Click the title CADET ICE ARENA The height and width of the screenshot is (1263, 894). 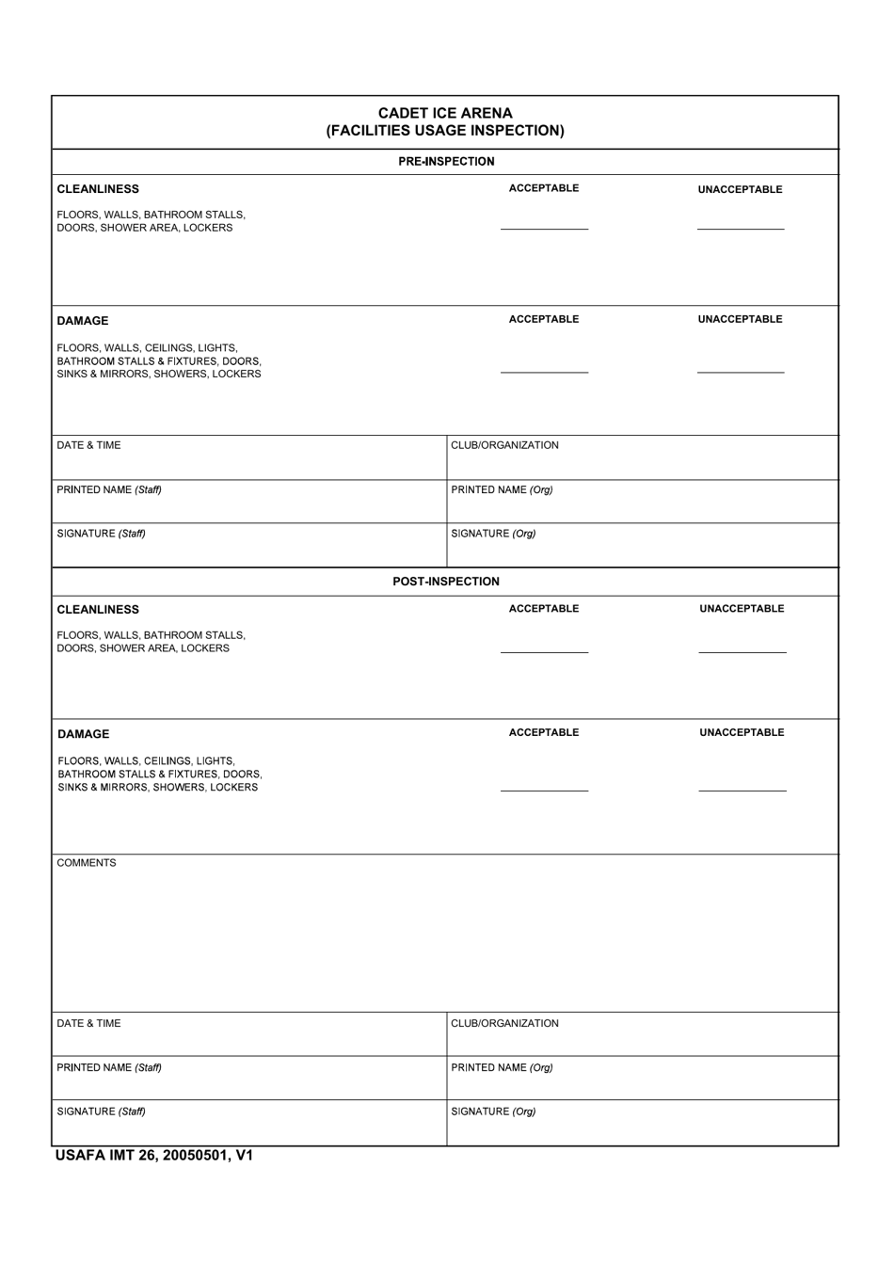click(x=445, y=113)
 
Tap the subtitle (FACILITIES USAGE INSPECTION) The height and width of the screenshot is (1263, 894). click(x=445, y=131)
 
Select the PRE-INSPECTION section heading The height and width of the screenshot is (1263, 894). click(x=446, y=162)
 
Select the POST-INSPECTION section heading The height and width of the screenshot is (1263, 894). click(x=446, y=582)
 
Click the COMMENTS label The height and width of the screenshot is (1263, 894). click(x=87, y=863)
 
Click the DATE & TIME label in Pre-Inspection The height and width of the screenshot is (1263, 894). click(x=88, y=445)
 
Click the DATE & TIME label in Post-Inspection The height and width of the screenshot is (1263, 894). click(x=88, y=1023)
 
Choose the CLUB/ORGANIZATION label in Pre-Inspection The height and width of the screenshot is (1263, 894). click(x=504, y=445)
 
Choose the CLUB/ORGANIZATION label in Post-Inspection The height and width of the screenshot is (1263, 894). click(x=504, y=1023)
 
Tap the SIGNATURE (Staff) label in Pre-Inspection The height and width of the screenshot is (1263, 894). click(x=101, y=534)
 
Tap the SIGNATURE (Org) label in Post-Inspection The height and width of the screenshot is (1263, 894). click(x=493, y=1111)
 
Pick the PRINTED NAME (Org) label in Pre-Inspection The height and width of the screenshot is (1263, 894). click(x=502, y=489)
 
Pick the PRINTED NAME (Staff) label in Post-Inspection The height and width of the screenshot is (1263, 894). click(x=109, y=1067)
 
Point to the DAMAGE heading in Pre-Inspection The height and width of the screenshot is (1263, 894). click(x=83, y=321)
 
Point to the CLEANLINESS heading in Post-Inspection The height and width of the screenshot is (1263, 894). click(x=98, y=610)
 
